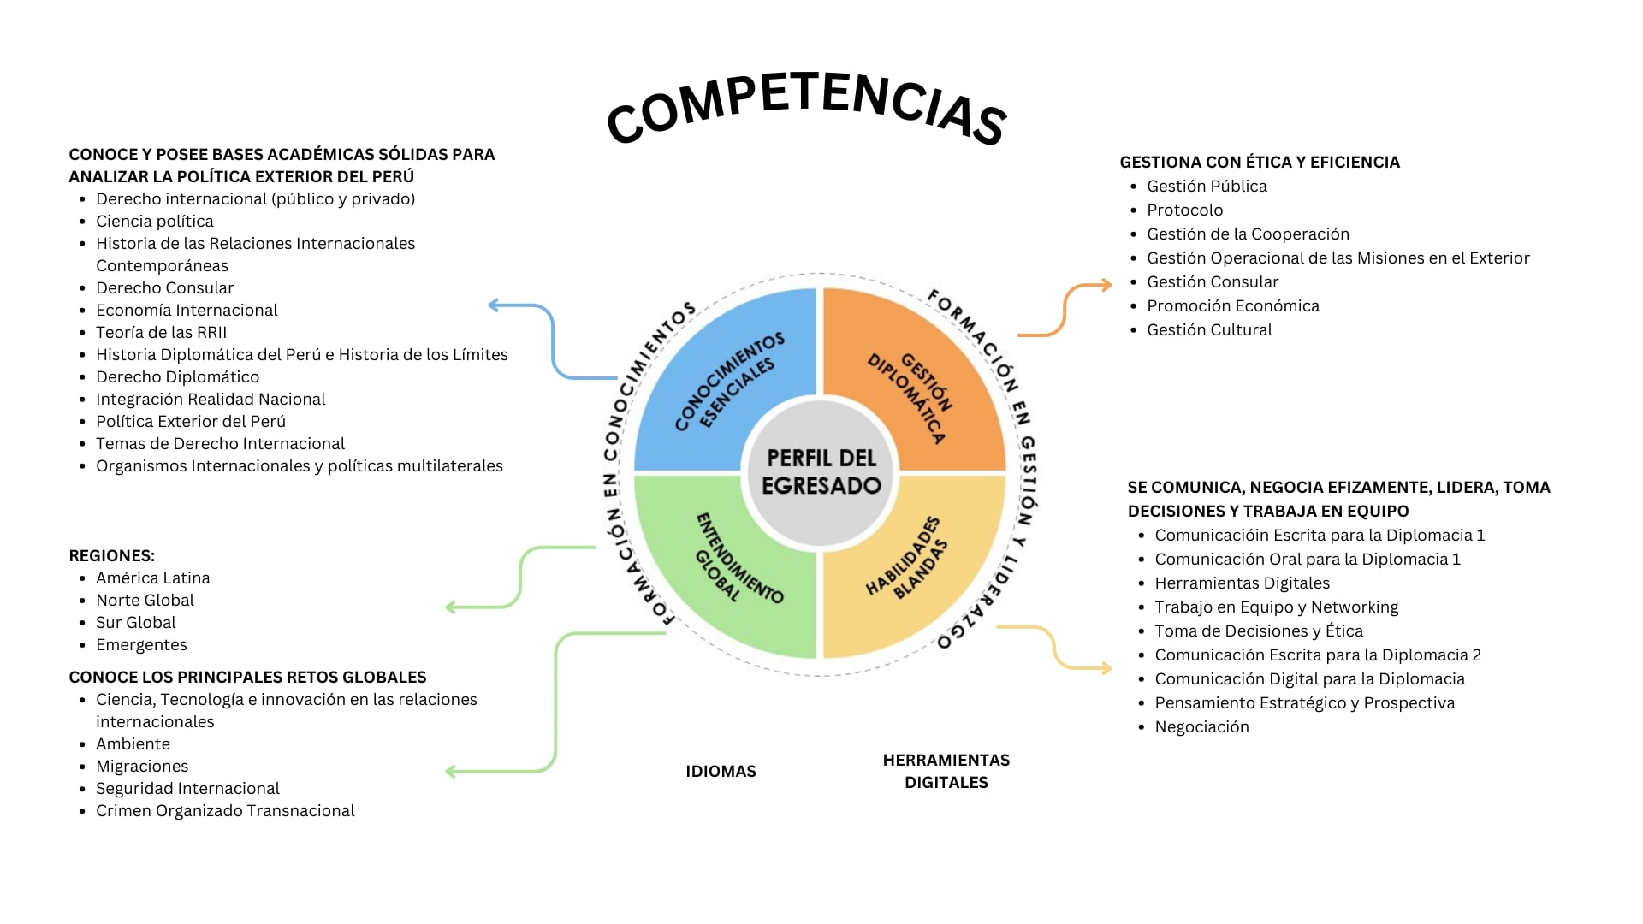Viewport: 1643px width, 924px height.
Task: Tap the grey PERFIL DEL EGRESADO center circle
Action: (x=821, y=471)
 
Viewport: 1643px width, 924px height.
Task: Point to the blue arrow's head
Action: (x=493, y=305)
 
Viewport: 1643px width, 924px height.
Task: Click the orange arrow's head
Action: (x=1107, y=286)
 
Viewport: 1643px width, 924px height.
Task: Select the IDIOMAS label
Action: (x=721, y=772)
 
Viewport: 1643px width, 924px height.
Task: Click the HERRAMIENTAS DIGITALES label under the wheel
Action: (x=946, y=771)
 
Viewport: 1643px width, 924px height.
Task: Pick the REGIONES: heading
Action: (x=112, y=556)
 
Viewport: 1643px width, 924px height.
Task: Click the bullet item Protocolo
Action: (x=1184, y=210)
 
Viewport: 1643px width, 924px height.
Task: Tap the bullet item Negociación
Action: (x=1201, y=727)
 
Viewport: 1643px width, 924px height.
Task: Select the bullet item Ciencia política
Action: (x=155, y=222)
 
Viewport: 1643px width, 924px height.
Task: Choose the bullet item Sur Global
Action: (x=136, y=623)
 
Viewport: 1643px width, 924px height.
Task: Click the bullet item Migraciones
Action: (x=142, y=767)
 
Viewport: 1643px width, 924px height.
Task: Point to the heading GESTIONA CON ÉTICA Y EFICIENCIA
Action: (x=1260, y=163)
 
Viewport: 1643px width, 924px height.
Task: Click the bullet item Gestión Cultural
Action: (x=1209, y=330)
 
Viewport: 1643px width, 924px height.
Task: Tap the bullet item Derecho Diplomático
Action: (x=177, y=377)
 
